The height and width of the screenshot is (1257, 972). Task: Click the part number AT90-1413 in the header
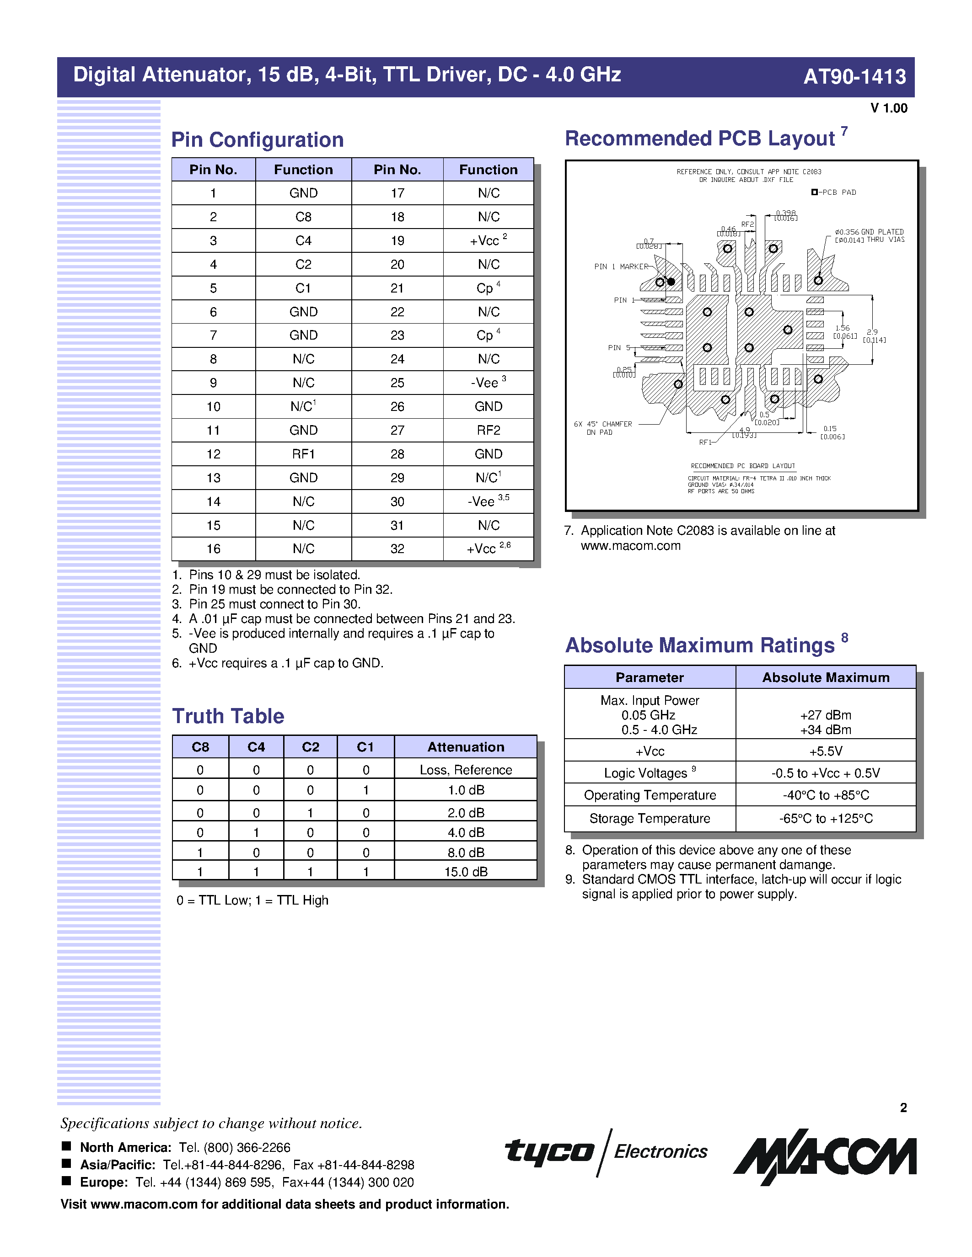(x=854, y=76)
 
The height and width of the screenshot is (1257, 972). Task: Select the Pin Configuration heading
(x=258, y=140)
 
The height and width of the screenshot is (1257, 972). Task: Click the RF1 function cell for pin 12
(x=303, y=454)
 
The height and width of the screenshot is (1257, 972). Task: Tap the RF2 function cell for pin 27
(x=489, y=431)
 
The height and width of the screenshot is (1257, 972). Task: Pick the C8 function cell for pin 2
(x=303, y=217)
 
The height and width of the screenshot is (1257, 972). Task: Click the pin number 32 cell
(x=397, y=549)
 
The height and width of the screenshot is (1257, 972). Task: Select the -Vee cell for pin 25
(x=489, y=383)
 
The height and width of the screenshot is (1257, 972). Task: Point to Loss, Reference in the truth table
(x=465, y=770)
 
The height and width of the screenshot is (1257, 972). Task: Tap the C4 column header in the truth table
(x=256, y=747)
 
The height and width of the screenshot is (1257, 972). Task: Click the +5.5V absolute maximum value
(x=825, y=751)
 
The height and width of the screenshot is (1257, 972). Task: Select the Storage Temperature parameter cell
(x=650, y=819)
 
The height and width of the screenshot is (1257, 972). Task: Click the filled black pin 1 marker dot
(x=671, y=282)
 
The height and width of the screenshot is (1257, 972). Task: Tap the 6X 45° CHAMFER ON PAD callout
(x=602, y=428)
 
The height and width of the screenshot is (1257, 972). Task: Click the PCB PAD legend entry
(x=834, y=192)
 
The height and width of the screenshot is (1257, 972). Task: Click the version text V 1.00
(x=888, y=108)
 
